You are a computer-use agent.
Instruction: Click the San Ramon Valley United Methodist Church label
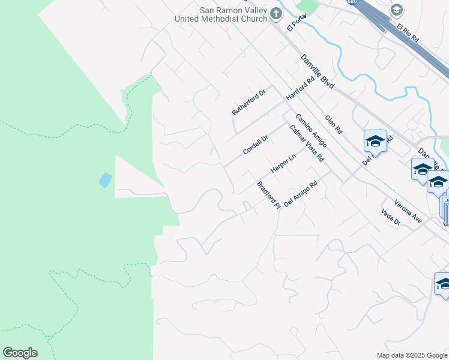[220, 14]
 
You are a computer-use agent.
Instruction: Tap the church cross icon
[276, 13]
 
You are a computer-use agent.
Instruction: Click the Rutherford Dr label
[249, 103]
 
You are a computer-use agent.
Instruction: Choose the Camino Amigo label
[310, 130]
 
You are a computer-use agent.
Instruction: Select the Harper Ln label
[283, 164]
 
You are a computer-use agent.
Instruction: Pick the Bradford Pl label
[269, 195]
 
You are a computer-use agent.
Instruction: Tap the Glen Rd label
[334, 124]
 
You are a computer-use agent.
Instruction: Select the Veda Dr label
[390, 218]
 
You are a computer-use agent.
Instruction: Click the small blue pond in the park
[105, 179]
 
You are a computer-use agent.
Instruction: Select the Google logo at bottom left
[20, 353]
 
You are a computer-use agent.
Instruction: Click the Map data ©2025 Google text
[411, 355]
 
